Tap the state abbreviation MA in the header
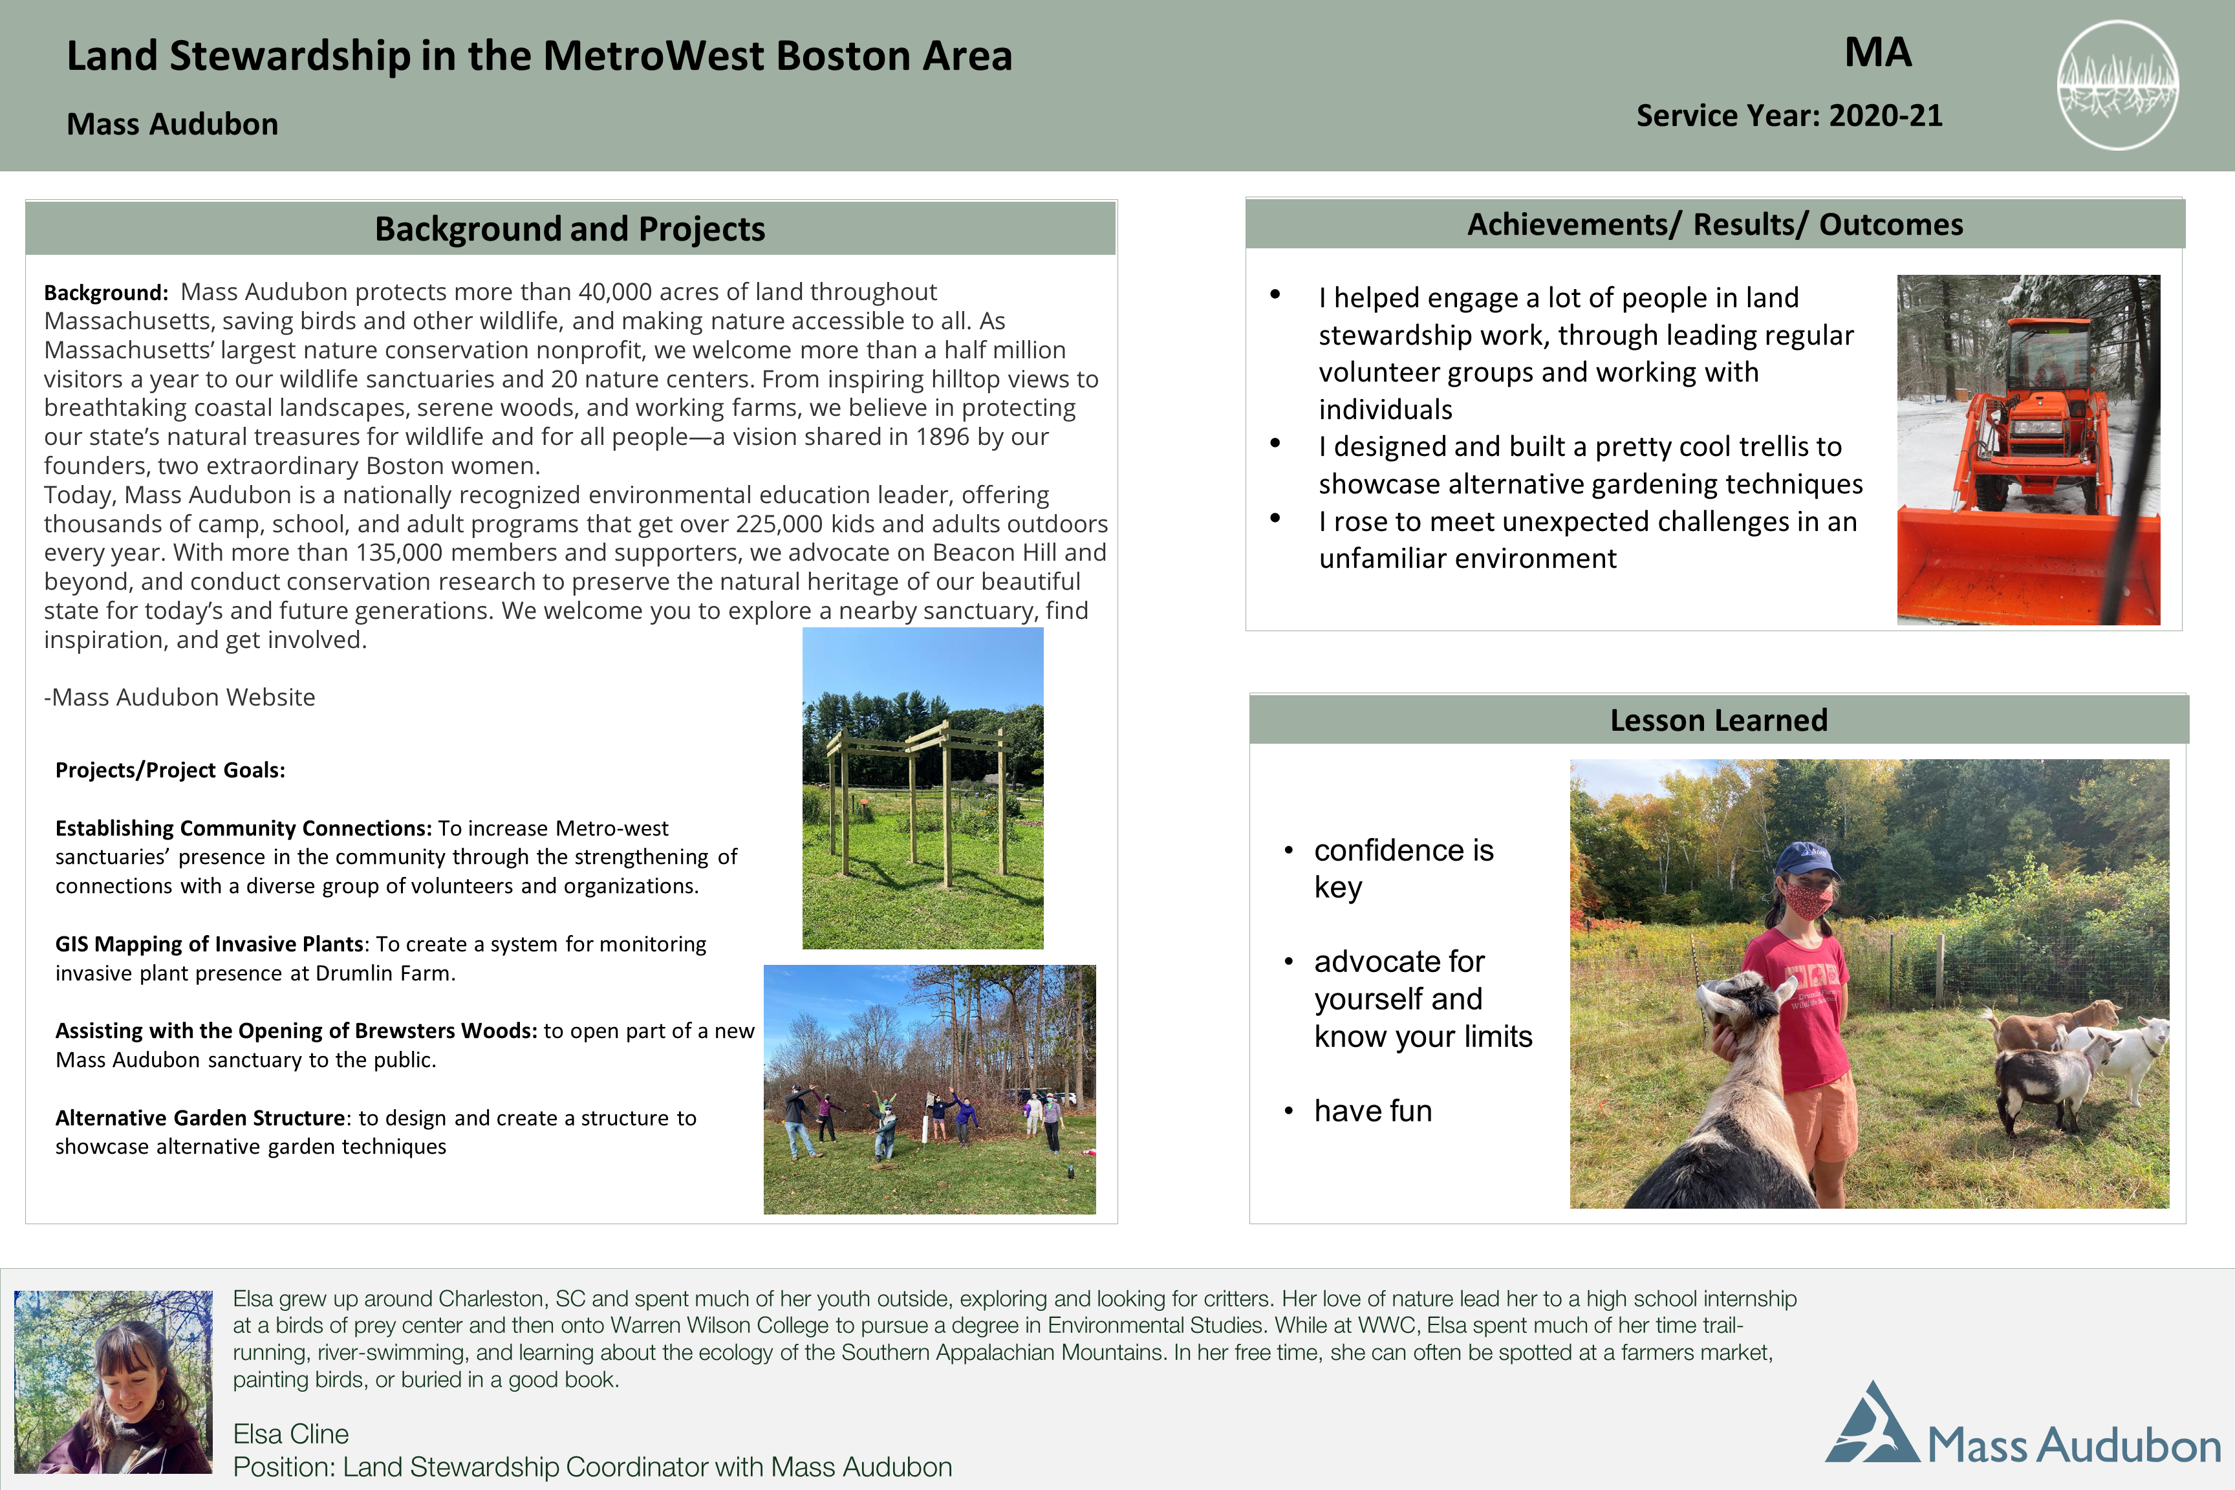tap(1878, 52)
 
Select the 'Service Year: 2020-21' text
tap(1788, 116)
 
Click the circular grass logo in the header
tap(2117, 85)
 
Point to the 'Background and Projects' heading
tap(570, 229)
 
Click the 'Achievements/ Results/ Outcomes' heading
tap(1714, 224)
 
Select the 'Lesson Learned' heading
tap(1718, 720)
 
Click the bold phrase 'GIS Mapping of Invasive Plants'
tap(209, 944)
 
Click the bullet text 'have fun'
tap(1372, 1111)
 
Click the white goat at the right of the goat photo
tap(2138, 1055)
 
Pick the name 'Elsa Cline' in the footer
tap(291, 1434)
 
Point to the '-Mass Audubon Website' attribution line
tap(180, 698)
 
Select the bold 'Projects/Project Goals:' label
tap(170, 770)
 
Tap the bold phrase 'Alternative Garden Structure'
tap(200, 1117)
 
